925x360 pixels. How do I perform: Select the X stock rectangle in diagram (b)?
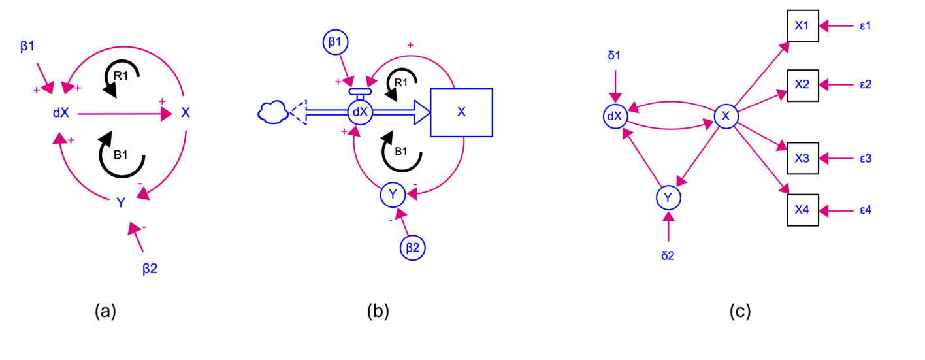tap(461, 112)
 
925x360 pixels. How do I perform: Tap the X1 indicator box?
tap(802, 25)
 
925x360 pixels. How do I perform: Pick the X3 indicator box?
tap(802, 158)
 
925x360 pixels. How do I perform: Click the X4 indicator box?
tap(802, 210)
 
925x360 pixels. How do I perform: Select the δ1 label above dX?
tap(614, 57)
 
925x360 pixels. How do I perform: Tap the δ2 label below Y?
tap(668, 255)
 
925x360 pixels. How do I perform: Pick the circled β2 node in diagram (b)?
tap(413, 247)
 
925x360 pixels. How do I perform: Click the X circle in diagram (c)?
tap(726, 116)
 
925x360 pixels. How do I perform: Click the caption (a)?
tap(105, 312)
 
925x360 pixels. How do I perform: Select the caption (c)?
tap(740, 312)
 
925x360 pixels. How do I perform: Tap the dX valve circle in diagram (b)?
tap(360, 112)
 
